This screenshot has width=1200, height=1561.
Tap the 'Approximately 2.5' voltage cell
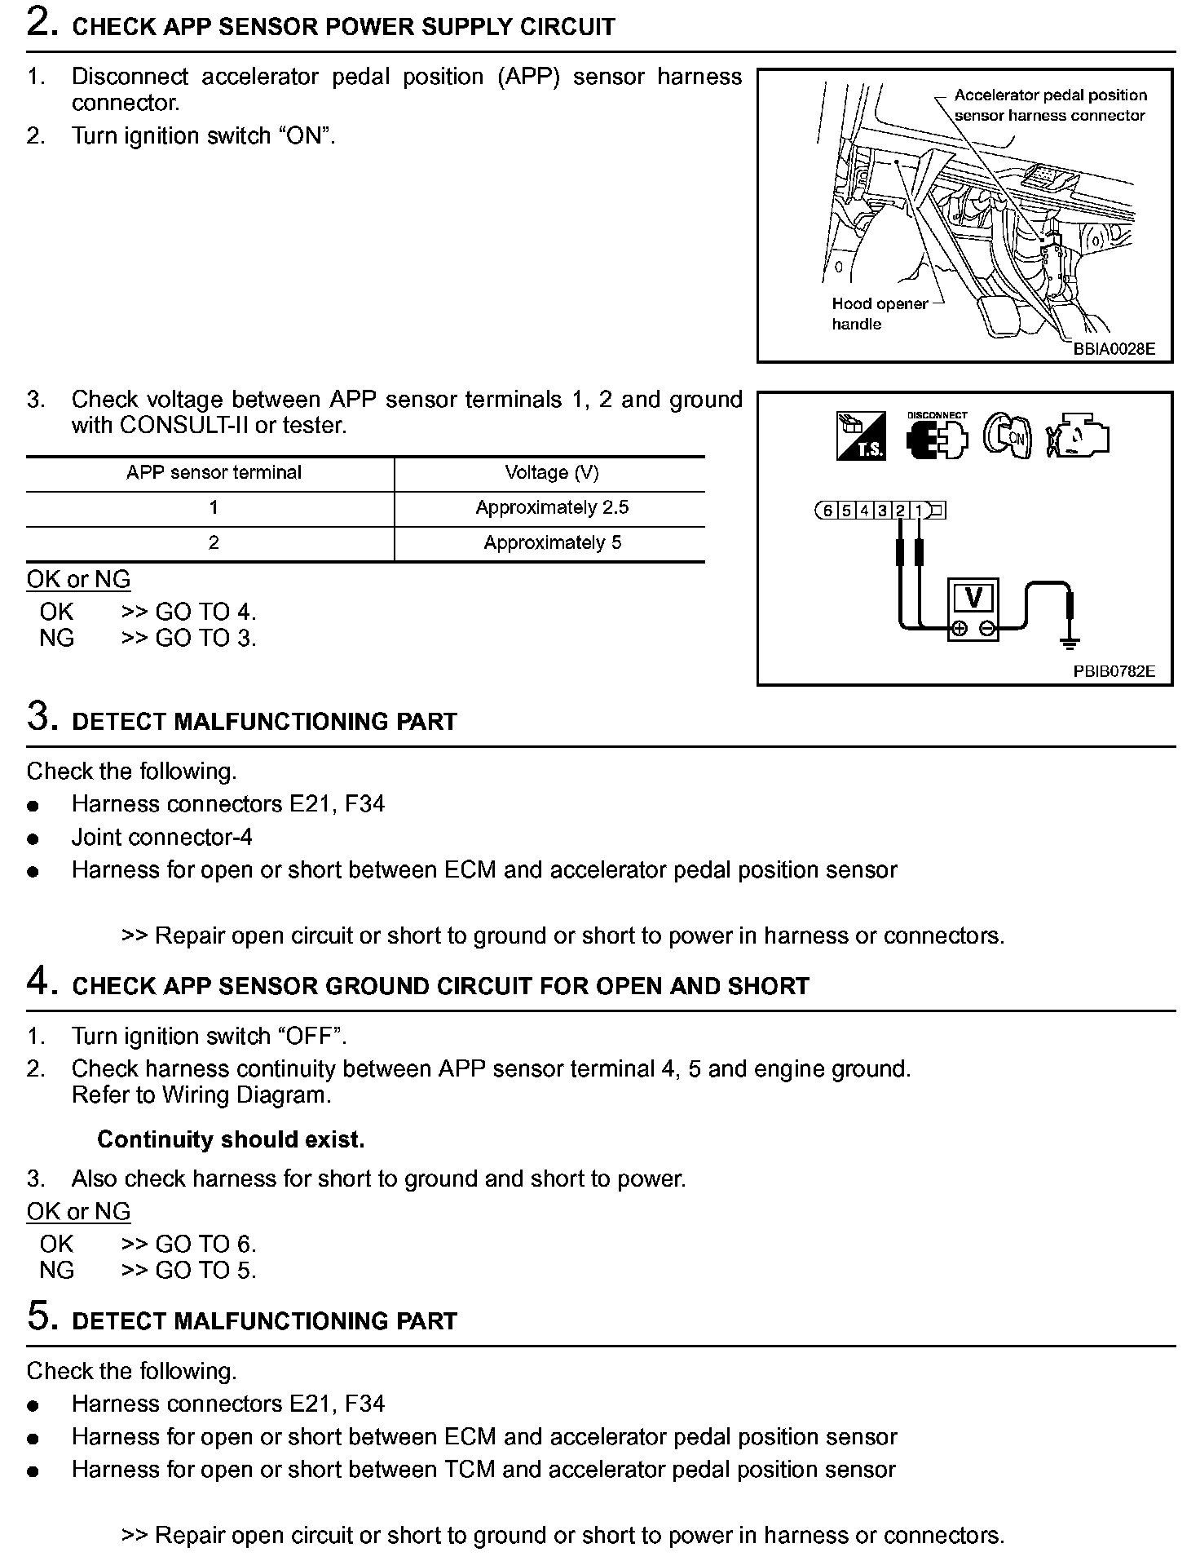[x=552, y=507]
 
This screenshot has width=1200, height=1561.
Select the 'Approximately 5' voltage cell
[x=552, y=542]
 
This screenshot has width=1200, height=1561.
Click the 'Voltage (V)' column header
[x=552, y=472]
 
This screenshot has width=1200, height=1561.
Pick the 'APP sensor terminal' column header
[x=214, y=472]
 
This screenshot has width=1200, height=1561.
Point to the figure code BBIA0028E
[x=1114, y=348]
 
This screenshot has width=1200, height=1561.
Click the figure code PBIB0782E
[x=1114, y=671]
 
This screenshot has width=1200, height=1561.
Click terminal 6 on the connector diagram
[x=827, y=511]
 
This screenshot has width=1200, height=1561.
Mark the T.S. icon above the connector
[x=861, y=436]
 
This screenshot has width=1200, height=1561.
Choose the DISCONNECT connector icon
[x=936, y=436]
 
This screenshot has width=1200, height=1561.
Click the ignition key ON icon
[x=1008, y=436]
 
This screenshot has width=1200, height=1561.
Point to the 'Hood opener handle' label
[x=879, y=313]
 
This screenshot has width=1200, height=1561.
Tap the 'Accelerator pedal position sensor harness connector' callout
[x=1049, y=105]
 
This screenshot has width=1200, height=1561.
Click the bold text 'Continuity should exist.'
[x=231, y=1139]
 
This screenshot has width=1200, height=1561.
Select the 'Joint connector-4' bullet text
[x=161, y=837]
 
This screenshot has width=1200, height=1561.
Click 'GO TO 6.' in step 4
[x=205, y=1244]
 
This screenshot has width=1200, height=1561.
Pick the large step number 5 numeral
[x=41, y=1316]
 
